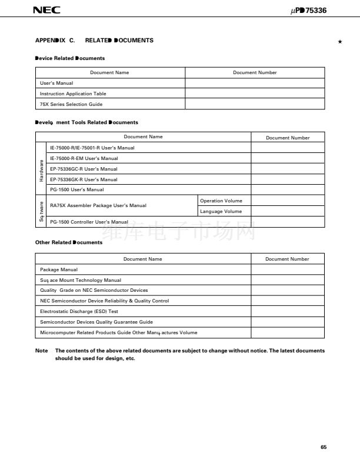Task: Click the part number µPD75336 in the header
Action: point(308,10)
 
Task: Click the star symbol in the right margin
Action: point(340,42)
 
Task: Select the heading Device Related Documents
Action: point(70,58)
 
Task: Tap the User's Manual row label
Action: point(56,83)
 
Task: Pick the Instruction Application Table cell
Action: point(72,94)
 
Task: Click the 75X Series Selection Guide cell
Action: point(71,104)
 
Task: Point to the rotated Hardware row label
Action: point(41,169)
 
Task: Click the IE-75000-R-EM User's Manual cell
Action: point(84,158)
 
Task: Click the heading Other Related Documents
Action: point(69,242)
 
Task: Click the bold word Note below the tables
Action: point(42,351)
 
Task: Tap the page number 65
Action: point(323,447)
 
